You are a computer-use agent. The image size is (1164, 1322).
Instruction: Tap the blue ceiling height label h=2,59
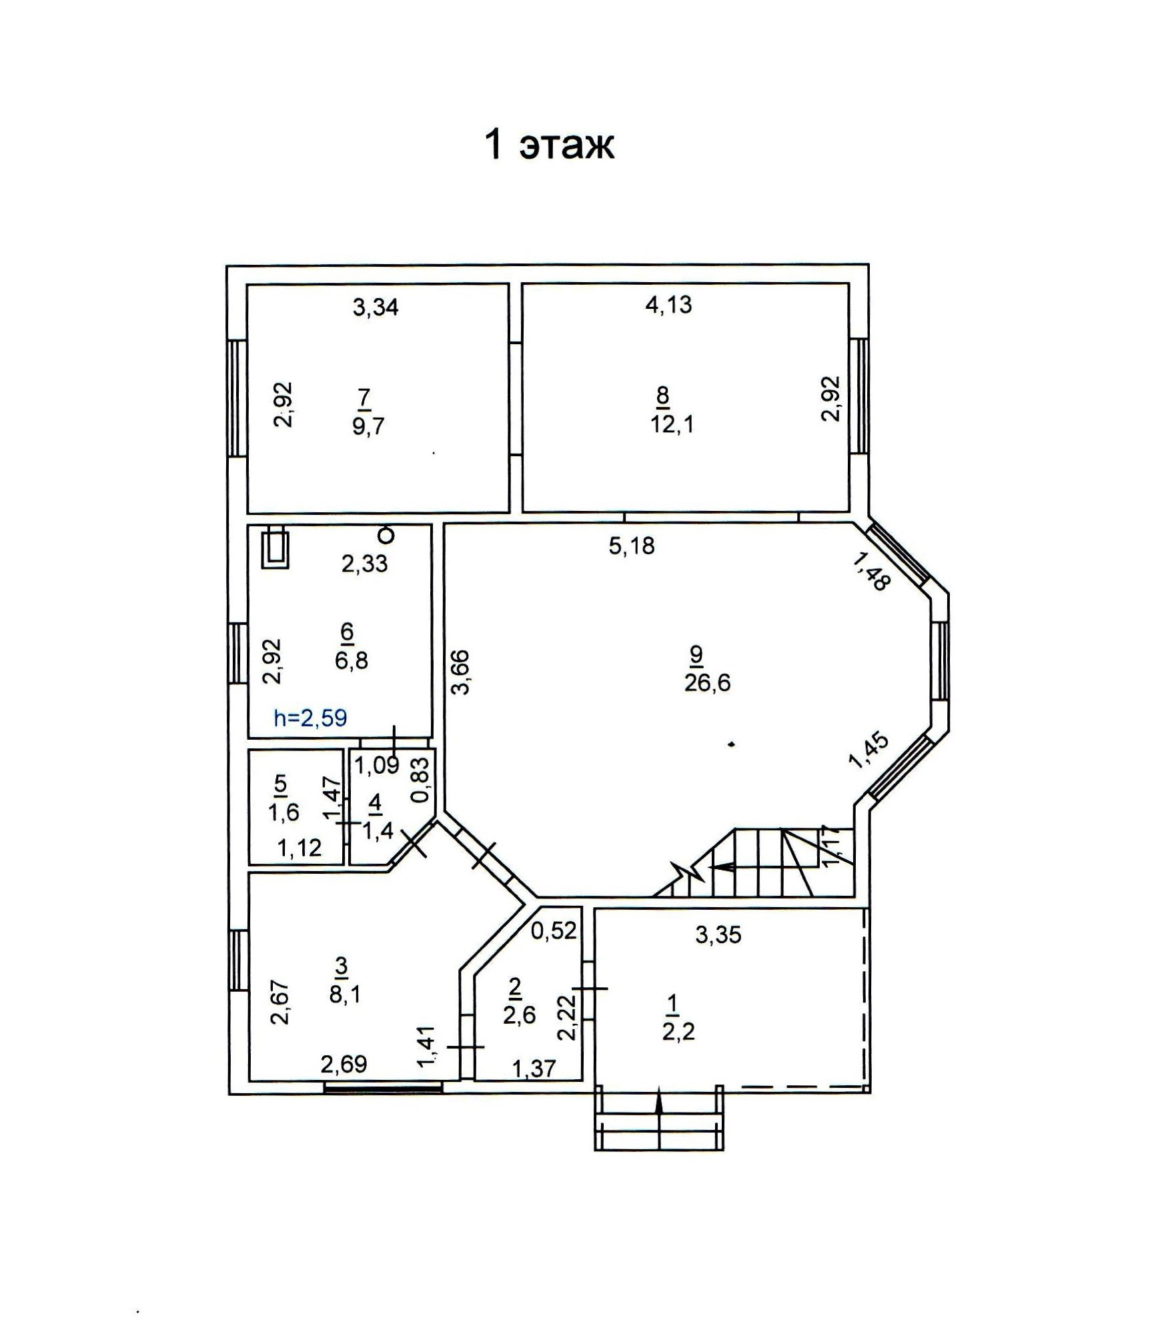pyautogui.click(x=310, y=718)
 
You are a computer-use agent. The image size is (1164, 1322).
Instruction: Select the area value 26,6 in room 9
pyautogui.click(x=707, y=683)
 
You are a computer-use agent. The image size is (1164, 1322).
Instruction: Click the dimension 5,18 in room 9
pyautogui.click(x=632, y=546)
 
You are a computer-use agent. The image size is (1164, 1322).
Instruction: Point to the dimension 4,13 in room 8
pyautogui.click(x=669, y=304)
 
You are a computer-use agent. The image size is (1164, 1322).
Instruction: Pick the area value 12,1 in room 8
pyautogui.click(x=672, y=424)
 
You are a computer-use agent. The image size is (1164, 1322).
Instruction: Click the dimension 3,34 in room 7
pyautogui.click(x=376, y=307)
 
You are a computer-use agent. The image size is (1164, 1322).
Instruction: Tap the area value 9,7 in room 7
pyautogui.click(x=368, y=425)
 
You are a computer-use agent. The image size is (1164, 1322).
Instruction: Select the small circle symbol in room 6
pyautogui.click(x=386, y=535)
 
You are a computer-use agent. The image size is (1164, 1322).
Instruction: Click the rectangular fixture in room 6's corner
pyautogui.click(x=275, y=548)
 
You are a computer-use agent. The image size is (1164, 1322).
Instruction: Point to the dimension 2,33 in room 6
pyautogui.click(x=364, y=564)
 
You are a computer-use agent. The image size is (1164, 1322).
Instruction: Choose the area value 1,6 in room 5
pyautogui.click(x=283, y=812)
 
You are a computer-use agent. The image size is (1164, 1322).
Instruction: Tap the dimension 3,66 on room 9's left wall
pyautogui.click(x=461, y=672)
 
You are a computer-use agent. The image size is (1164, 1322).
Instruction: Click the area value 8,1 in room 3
pyautogui.click(x=345, y=995)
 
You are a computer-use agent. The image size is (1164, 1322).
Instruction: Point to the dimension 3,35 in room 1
pyautogui.click(x=718, y=935)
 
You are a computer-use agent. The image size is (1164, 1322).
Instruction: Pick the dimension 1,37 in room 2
pyautogui.click(x=534, y=1069)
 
